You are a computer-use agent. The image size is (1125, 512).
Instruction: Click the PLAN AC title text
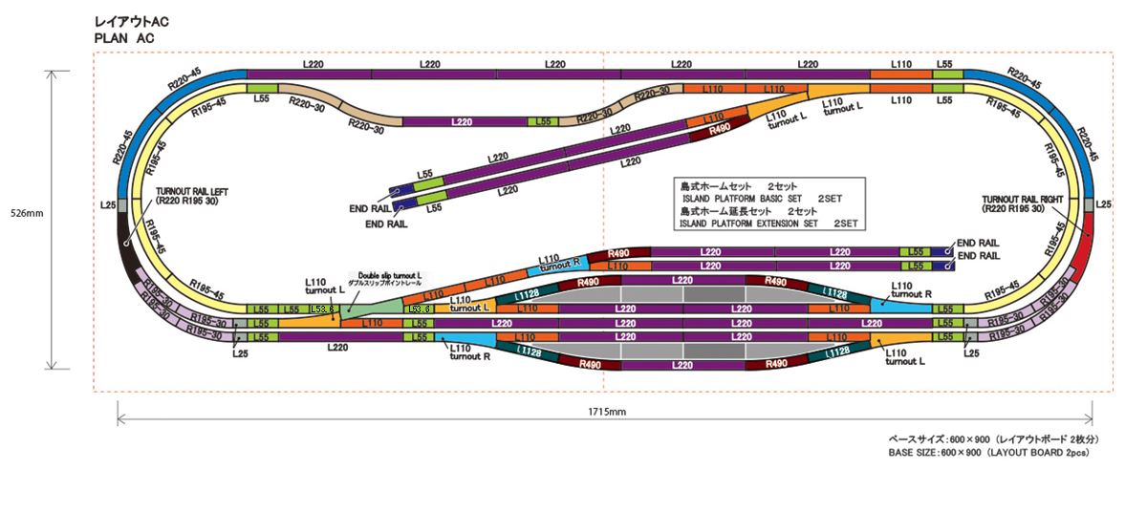click(124, 37)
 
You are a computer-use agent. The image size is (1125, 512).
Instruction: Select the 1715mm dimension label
click(605, 412)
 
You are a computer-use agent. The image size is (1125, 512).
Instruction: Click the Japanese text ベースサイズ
click(916, 439)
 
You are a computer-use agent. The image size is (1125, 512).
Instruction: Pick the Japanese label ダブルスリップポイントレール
click(387, 284)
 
